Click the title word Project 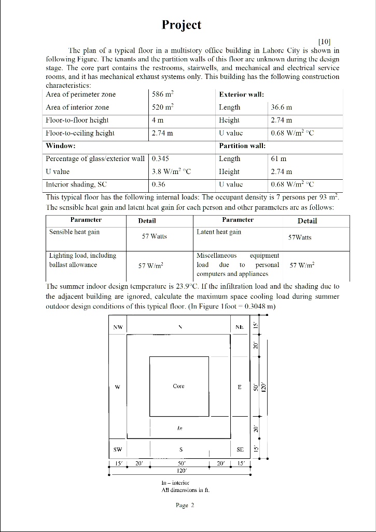point(181,25)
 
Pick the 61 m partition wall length point(280,158)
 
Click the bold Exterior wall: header point(241,95)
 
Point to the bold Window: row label point(61,145)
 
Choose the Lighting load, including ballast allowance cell point(82,260)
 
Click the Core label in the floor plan point(178,386)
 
